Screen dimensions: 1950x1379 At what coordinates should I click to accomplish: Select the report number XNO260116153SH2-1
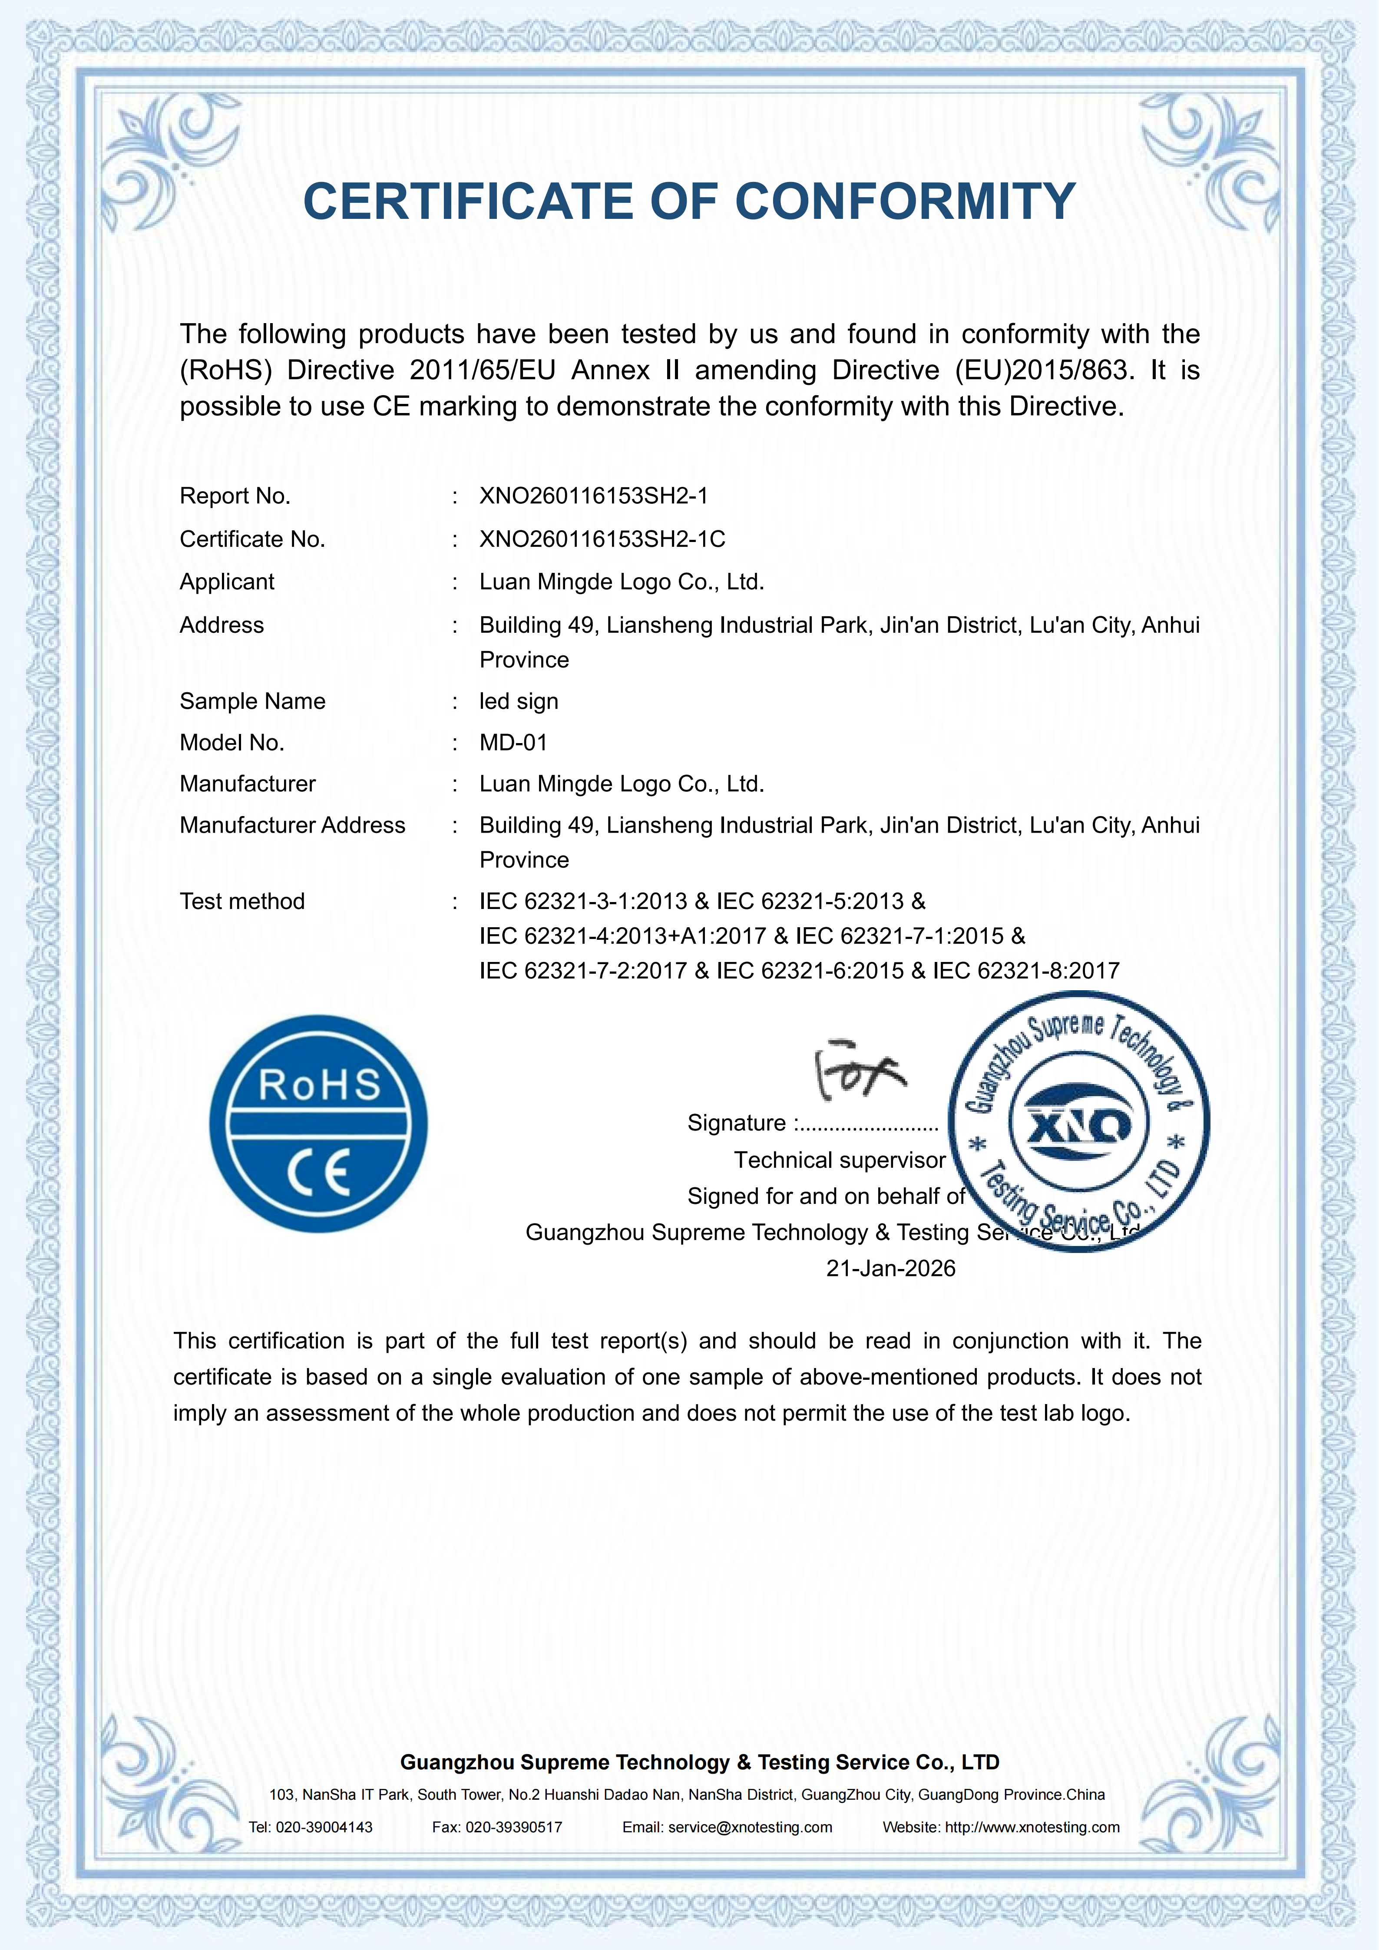point(594,496)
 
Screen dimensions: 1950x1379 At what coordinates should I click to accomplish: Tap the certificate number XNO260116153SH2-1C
point(602,539)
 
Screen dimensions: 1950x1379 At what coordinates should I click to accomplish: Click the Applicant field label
point(227,582)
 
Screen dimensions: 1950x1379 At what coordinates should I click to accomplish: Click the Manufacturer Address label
point(292,826)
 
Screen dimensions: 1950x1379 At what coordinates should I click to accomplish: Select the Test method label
point(242,901)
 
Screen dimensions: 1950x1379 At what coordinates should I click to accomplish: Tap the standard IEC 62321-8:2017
point(1026,971)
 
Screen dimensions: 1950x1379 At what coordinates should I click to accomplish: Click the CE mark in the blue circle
point(318,1173)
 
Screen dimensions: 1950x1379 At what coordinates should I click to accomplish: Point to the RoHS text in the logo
point(318,1084)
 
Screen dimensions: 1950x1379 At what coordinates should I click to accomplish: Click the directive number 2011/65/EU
point(482,370)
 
